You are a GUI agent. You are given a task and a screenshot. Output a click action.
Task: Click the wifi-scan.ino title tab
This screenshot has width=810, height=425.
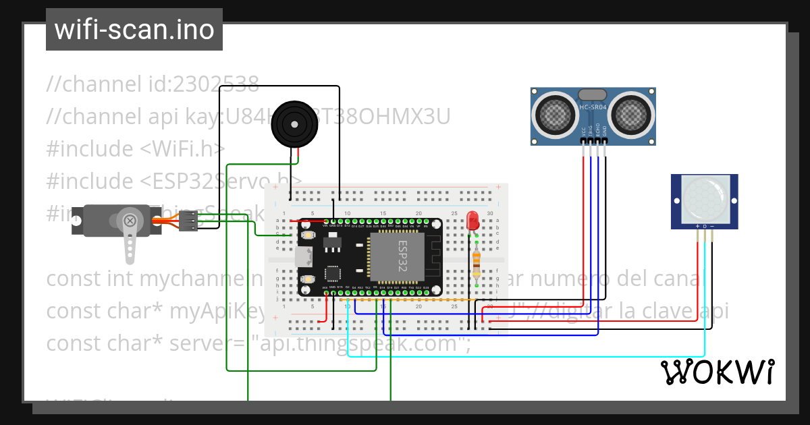[x=134, y=30]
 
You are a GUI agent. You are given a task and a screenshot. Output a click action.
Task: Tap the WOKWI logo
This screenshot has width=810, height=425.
[x=716, y=372]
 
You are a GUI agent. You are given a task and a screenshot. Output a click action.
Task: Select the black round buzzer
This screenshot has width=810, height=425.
[x=294, y=124]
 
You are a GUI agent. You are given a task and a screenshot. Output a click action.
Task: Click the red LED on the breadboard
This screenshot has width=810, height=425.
[x=473, y=220]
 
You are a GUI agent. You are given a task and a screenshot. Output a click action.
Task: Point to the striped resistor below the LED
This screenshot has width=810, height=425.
[x=477, y=264]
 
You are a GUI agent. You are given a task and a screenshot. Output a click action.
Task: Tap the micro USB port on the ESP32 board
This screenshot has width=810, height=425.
[x=302, y=257]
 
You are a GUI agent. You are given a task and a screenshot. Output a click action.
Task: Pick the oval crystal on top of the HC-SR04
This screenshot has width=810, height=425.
[x=593, y=94]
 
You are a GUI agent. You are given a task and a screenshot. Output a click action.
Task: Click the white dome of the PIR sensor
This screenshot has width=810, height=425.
[x=705, y=198]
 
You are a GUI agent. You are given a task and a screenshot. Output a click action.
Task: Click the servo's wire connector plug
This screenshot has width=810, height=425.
[x=190, y=221]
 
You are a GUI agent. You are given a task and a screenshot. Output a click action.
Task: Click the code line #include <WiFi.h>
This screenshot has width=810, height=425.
[x=136, y=148]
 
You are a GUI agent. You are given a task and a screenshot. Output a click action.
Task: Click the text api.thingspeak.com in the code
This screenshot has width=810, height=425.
[x=358, y=343]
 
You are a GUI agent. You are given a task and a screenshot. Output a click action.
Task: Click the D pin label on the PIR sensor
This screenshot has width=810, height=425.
[x=705, y=226]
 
